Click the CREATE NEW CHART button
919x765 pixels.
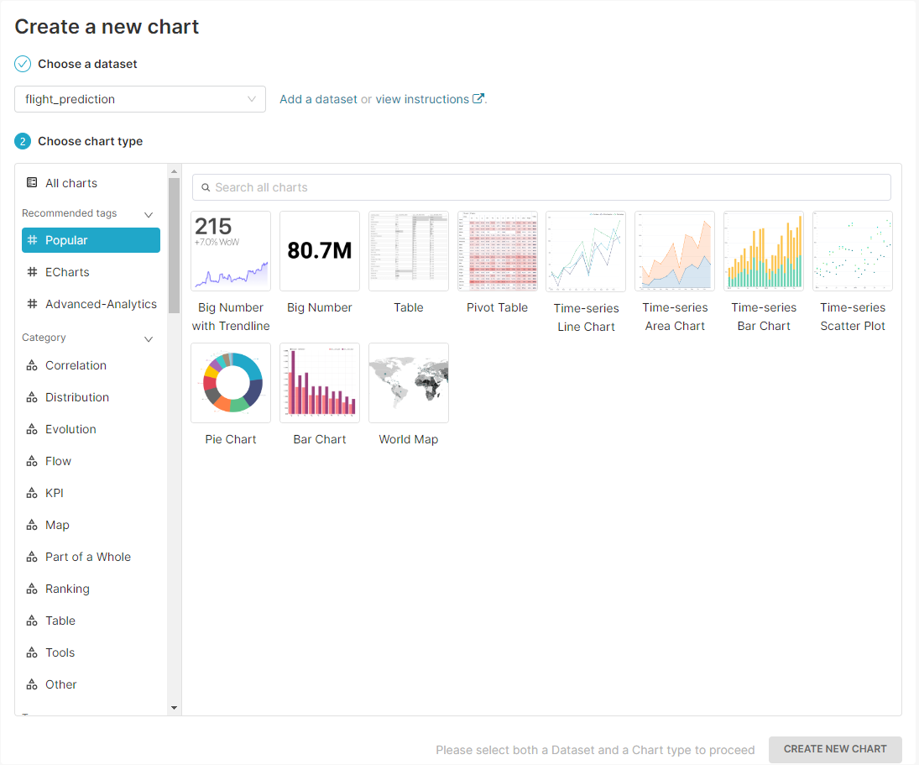point(835,749)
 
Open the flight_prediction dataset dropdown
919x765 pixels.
point(140,99)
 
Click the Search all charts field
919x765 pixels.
point(541,187)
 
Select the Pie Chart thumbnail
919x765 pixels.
point(231,383)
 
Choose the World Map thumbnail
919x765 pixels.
point(409,383)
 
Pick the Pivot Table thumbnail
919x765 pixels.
point(498,251)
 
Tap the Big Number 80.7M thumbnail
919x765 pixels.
point(320,251)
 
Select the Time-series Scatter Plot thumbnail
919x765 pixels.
point(853,251)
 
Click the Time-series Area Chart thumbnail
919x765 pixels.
point(675,251)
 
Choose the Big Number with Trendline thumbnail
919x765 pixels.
point(231,251)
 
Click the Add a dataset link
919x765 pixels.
point(318,99)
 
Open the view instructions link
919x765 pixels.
point(423,99)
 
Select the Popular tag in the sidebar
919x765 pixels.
point(91,240)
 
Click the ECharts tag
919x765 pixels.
point(67,272)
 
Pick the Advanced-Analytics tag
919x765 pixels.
point(101,304)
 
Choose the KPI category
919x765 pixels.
point(55,493)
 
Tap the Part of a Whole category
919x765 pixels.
point(88,557)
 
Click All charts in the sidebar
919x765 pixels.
point(71,183)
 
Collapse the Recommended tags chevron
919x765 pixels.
point(149,214)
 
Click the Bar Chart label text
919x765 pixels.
point(320,439)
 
